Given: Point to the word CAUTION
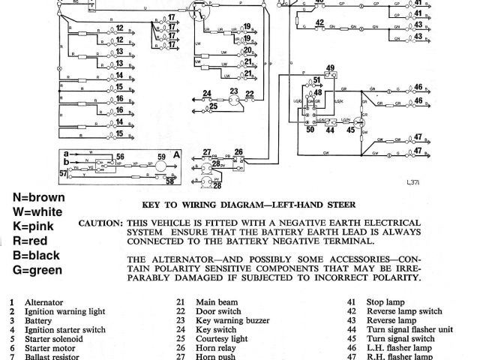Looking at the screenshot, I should pos(100,223).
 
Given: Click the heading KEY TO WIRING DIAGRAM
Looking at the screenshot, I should pos(247,205).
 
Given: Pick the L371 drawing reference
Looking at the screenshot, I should pos(413,182).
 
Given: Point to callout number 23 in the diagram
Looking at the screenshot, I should pos(233,91).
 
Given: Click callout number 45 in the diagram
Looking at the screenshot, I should pos(350,130).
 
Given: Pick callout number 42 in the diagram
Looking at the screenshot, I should pos(320,22).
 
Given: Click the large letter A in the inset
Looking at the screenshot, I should pos(176,154).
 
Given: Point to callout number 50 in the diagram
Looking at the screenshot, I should pos(310,130).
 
